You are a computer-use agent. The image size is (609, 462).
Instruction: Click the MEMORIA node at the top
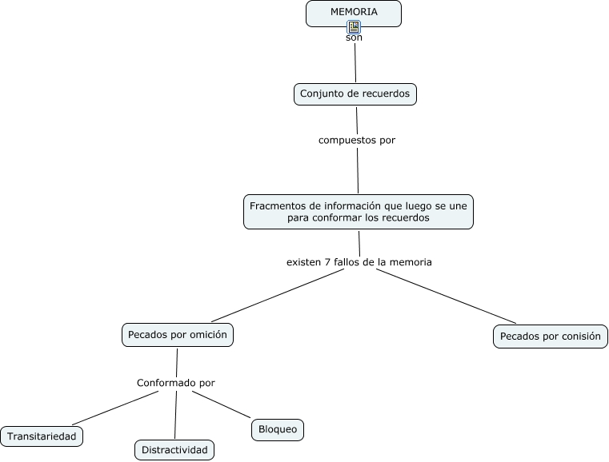point(354,14)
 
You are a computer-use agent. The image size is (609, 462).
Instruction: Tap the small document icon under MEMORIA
point(354,27)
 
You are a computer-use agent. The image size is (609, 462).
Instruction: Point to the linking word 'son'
point(354,38)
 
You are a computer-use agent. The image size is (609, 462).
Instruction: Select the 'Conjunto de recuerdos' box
point(355,94)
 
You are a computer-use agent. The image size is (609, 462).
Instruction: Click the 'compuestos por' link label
point(357,140)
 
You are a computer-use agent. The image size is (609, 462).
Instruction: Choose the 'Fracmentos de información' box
point(359,212)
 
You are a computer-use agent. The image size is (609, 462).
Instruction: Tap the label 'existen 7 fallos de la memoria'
point(359,262)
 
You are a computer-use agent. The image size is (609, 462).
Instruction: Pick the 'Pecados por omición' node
point(178,335)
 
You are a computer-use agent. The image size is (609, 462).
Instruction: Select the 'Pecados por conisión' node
point(551,337)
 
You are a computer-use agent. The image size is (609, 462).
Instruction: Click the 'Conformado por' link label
point(175,383)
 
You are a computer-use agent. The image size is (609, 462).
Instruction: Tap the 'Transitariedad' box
point(42,436)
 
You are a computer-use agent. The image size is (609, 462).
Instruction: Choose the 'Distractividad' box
point(174,450)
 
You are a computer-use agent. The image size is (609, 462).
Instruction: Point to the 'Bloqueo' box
point(278,430)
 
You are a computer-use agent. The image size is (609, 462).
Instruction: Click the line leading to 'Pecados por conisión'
point(446,296)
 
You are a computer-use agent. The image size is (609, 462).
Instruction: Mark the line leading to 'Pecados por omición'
point(278,296)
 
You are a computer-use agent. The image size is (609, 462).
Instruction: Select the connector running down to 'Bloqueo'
point(222,404)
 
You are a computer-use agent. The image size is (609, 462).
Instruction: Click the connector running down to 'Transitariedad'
point(115,408)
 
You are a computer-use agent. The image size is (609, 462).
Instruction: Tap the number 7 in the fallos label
point(328,262)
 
